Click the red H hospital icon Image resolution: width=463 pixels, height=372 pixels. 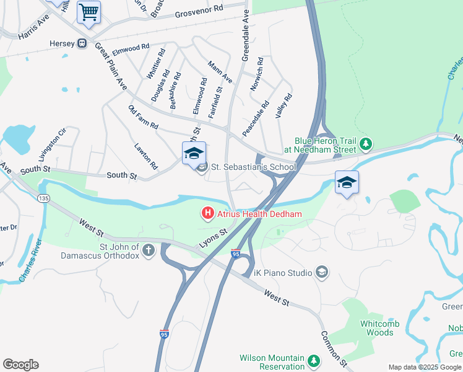[208, 214]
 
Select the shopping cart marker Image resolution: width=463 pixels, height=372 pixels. [89, 12]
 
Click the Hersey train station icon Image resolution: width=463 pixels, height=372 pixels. [80, 44]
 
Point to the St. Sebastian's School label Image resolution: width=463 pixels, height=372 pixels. [254, 167]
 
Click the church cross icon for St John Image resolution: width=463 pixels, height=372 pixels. [149, 250]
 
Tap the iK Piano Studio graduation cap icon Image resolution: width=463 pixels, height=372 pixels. [321, 272]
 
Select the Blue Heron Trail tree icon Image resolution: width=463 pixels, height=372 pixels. [366, 144]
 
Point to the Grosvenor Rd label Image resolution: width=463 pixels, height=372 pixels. [199, 11]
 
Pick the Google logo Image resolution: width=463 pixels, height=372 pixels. [20, 365]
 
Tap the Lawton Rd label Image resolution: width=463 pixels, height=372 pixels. [146, 157]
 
